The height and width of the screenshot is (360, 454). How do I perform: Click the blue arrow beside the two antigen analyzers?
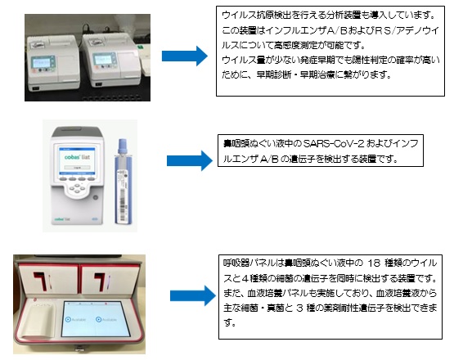coord(185,56)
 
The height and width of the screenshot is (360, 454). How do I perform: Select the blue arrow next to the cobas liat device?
coord(190,160)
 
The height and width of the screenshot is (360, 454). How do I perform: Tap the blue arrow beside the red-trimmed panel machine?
coord(193,295)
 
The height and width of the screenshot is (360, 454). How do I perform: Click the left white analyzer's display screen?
coord(43,62)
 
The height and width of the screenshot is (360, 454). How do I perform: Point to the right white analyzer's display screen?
coord(104,59)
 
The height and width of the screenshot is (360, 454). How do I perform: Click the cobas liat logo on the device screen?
coord(77,157)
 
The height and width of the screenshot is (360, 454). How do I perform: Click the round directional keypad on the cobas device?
coord(77,188)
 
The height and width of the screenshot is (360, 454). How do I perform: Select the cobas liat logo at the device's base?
coord(62,219)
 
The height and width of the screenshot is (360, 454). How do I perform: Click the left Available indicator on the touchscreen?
coord(75,319)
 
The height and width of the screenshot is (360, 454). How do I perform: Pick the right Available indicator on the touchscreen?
coord(106,319)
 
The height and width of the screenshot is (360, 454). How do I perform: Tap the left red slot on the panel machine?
coord(40,281)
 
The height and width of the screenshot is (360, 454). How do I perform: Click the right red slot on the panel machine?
coord(100,281)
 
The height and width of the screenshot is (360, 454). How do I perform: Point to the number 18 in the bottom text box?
coord(374,263)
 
